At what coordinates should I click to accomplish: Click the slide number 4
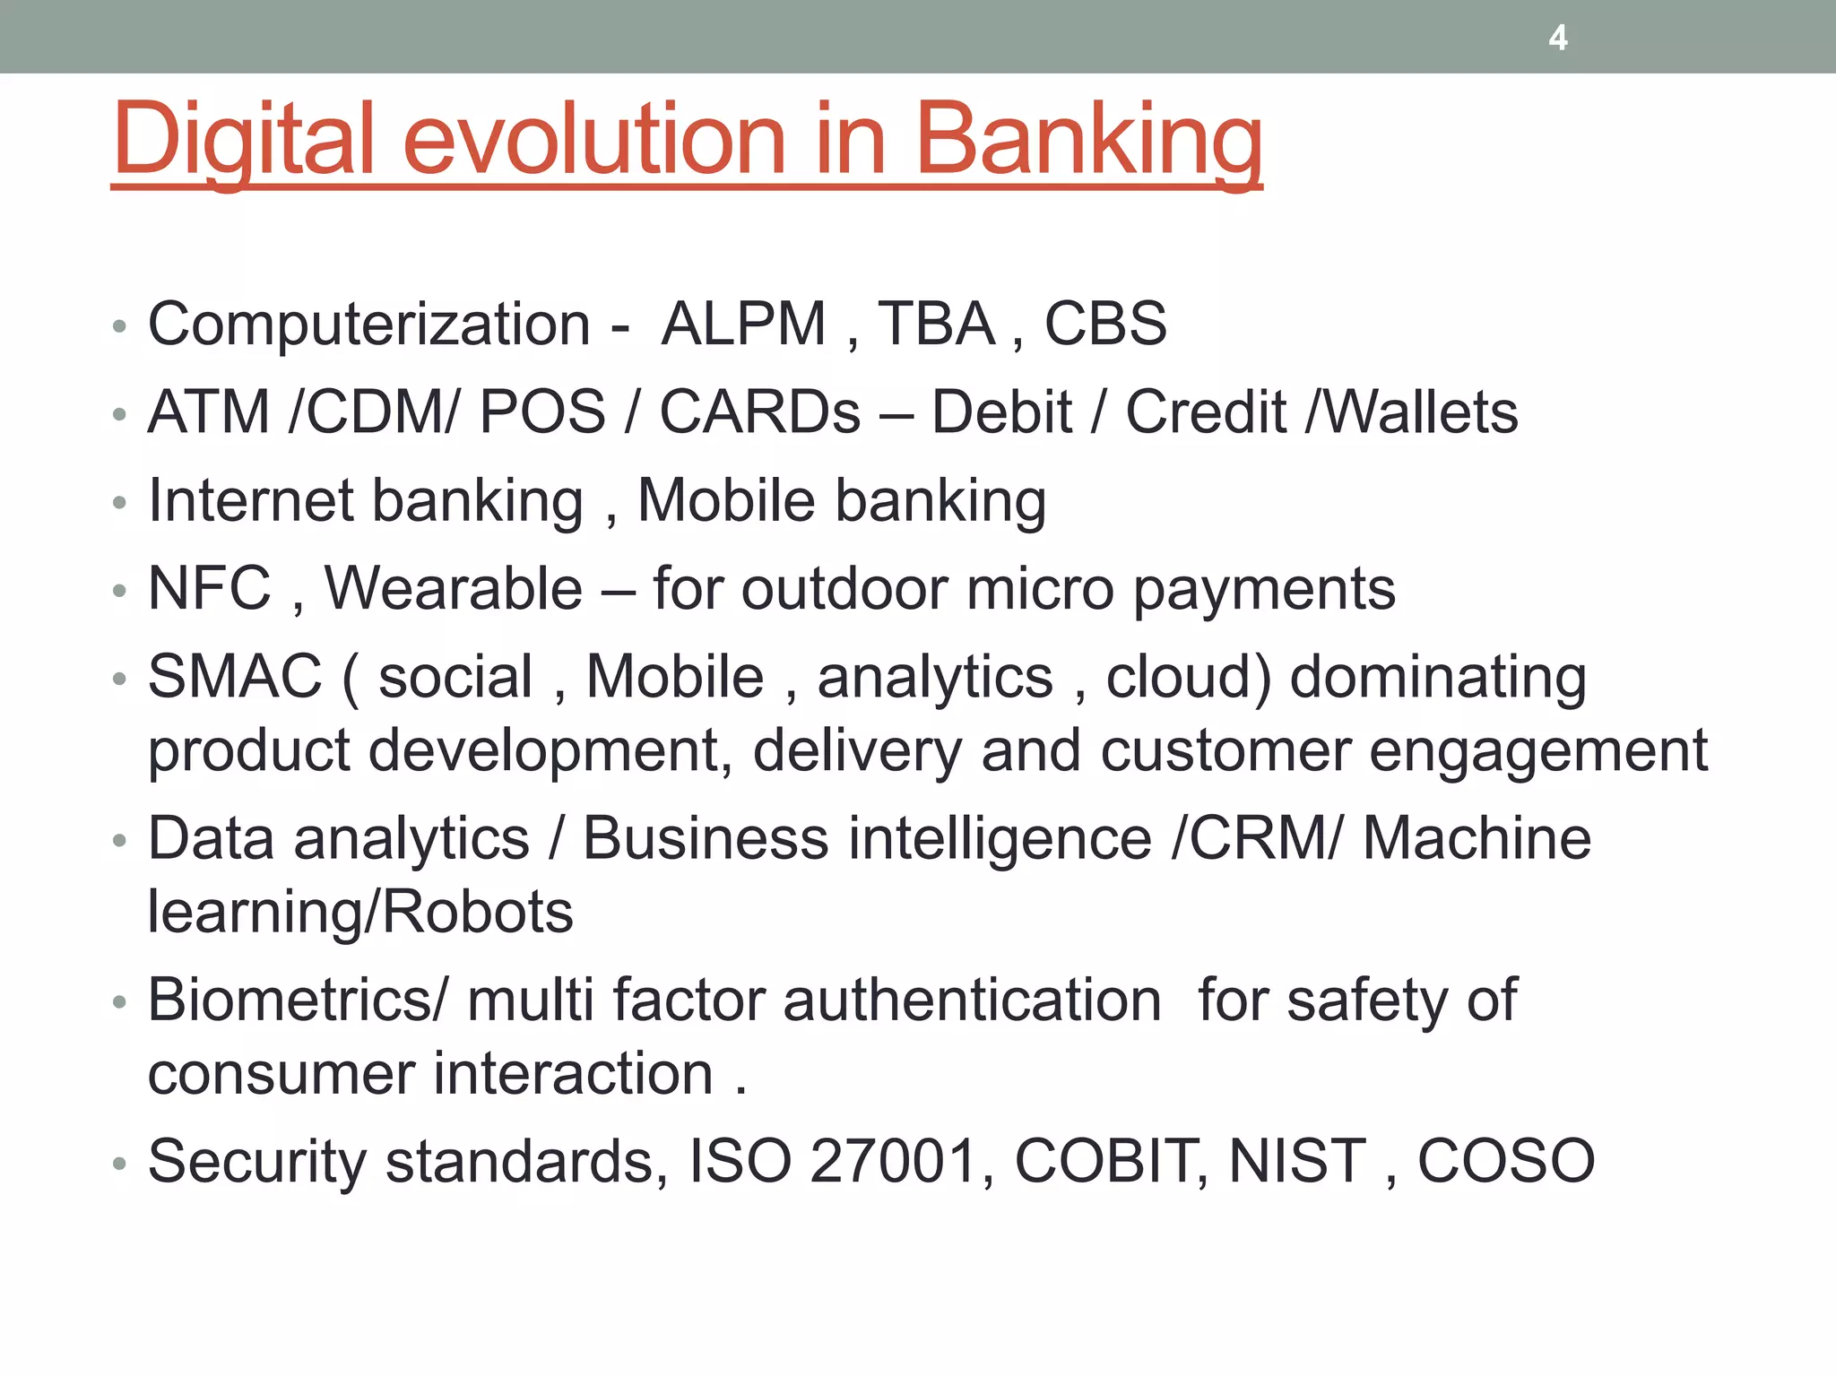tap(1558, 38)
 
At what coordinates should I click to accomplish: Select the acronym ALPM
tap(743, 324)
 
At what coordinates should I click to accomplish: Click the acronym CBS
tap(1105, 324)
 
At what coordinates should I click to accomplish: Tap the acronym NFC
tap(209, 589)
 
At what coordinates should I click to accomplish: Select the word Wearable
tap(454, 589)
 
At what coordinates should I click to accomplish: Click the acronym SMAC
tap(235, 677)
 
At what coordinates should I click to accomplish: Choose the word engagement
tap(1538, 751)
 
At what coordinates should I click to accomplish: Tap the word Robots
tap(480, 913)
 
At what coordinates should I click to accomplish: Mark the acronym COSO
tap(1506, 1162)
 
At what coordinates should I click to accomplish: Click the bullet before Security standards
tap(120, 1165)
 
